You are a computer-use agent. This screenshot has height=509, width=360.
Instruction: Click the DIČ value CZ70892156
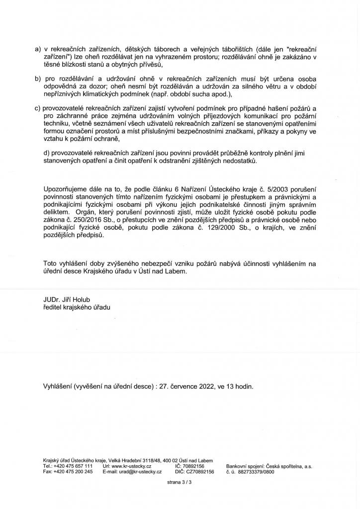pos(200,472)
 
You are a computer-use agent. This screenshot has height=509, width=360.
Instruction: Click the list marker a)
pos(37,50)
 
